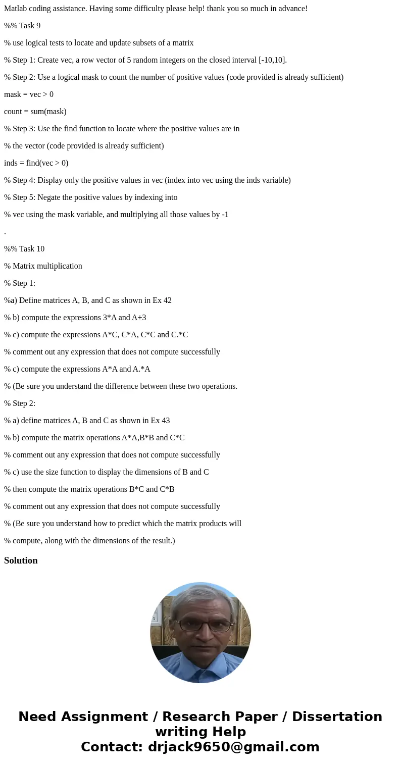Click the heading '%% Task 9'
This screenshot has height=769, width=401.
point(22,26)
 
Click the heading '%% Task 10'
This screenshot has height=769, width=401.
point(24,249)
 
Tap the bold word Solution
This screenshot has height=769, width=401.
point(21,560)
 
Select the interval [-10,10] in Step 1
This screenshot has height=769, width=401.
point(272,60)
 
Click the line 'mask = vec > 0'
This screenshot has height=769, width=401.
point(29,94)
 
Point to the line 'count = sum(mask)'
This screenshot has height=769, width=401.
point(35,112)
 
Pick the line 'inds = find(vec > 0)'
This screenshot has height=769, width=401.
point(36,163)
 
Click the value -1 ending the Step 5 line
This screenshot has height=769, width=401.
point(225,215)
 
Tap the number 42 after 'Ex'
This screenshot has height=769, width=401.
point(167,300)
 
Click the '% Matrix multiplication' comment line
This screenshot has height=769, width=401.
point(43,266)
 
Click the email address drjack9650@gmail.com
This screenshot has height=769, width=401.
point(234,747)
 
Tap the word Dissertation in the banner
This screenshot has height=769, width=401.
point(337,716)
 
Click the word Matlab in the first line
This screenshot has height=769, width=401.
point(16,9)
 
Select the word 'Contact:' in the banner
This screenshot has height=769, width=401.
point(112,747)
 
